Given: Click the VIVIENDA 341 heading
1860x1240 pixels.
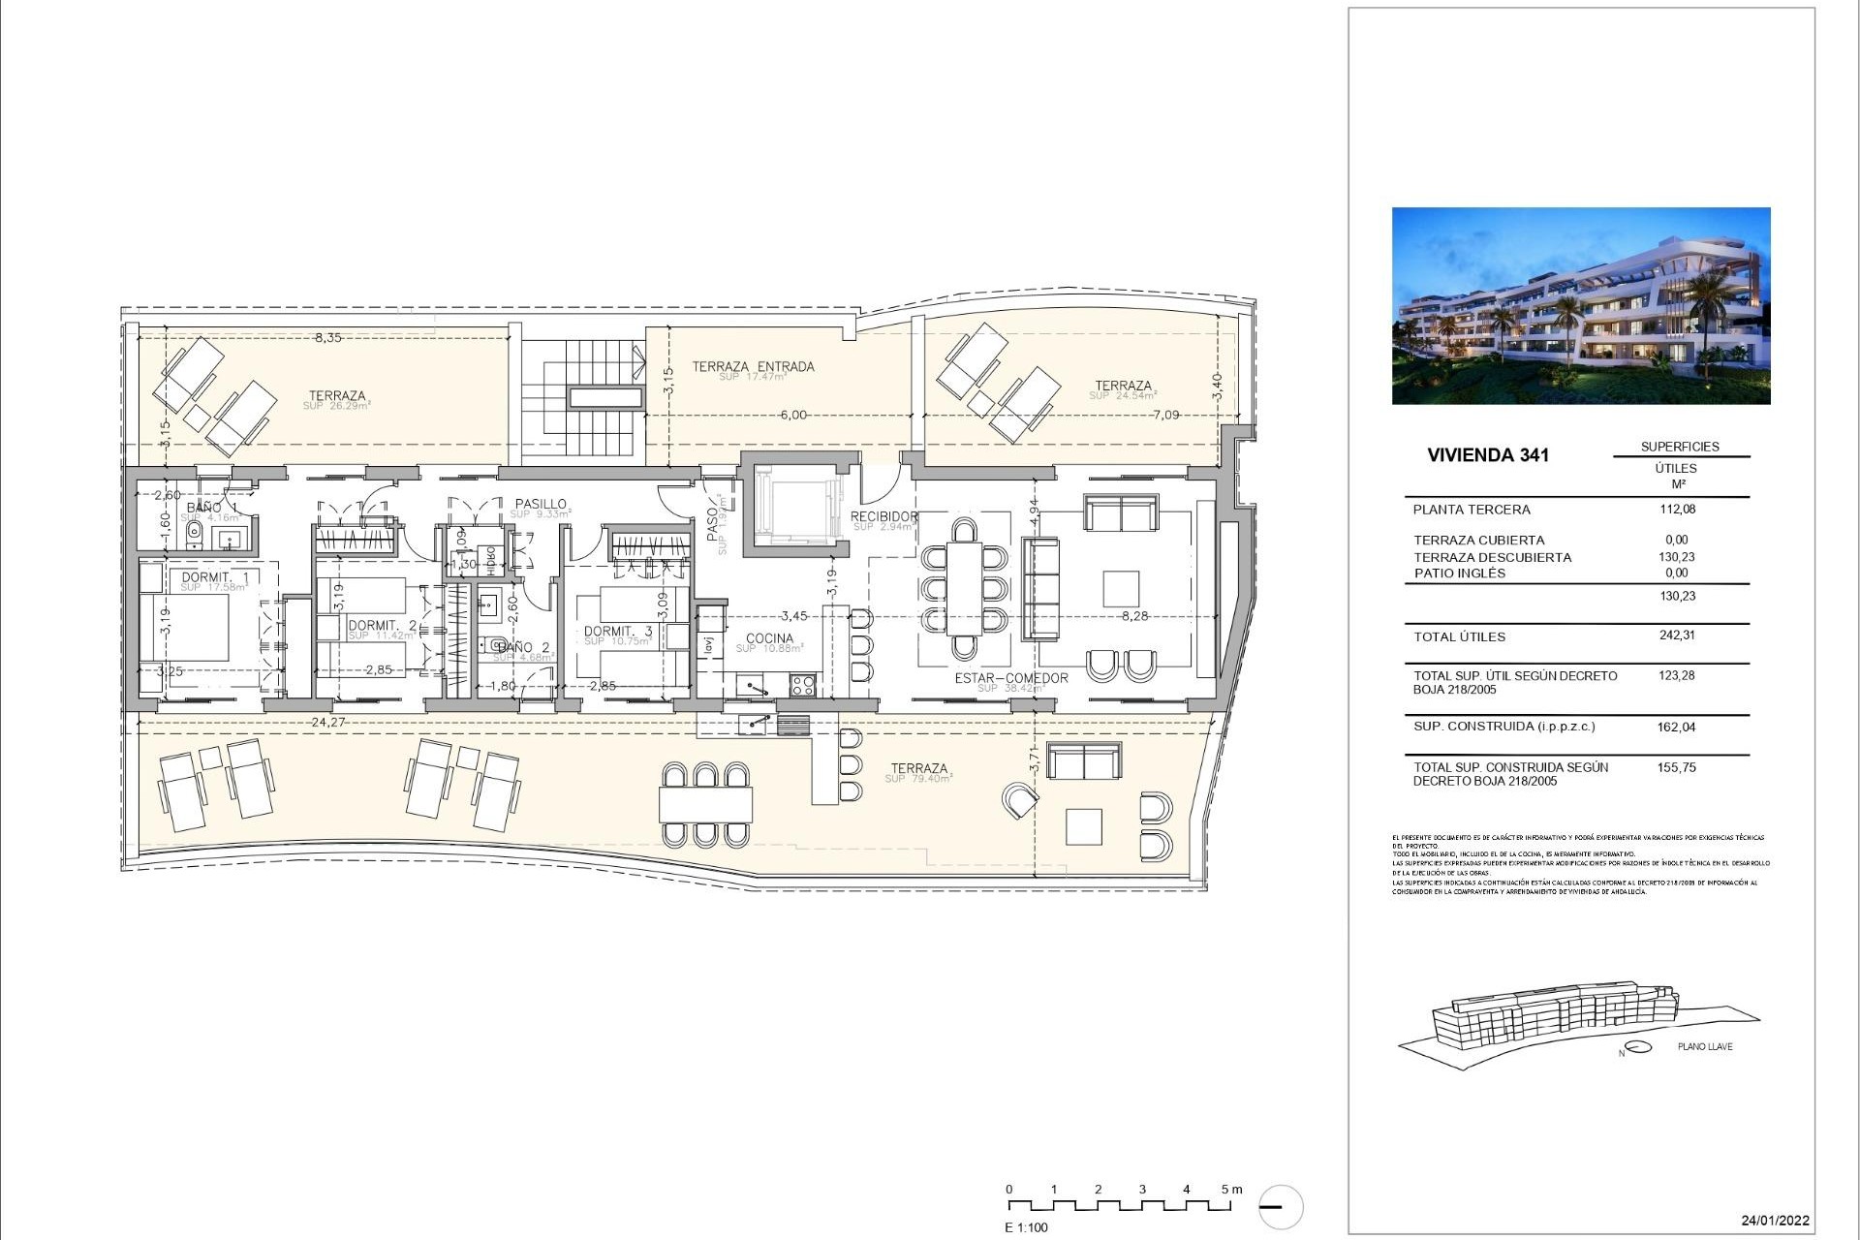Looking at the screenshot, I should click(x=1488, y=455).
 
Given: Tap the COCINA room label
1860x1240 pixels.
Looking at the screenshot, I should click(x=769, y=639).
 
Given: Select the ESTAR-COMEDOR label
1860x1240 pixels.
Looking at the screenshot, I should click(x=1011, y=678).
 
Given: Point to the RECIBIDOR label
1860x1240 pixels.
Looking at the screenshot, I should click(x=883, y=517).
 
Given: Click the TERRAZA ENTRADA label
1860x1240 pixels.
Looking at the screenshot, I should click(x=753, y=367).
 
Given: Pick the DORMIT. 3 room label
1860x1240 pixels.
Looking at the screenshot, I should click(x=618, y=632).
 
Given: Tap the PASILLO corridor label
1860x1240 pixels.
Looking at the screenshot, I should click(x=541, y=505).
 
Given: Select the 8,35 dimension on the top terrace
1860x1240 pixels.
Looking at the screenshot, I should click(x=327, y=338).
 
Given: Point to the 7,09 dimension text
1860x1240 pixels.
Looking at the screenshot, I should click(x=1166, y=416).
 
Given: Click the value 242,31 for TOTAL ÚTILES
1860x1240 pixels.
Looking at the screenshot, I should click(x=1677, y=636).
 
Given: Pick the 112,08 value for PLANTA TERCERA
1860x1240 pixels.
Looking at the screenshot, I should click(x=1677, y=510).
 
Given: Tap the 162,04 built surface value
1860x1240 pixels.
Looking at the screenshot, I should click(x=1677, y=728).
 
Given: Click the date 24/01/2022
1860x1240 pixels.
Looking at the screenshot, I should click(x=1775, y=1221).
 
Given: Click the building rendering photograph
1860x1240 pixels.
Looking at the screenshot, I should click(x=1581, y=305).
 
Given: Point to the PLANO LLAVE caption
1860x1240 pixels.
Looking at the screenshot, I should click(x=1705, y=1047).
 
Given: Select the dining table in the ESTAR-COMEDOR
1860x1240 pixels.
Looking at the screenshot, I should click(x=964, y=587).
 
